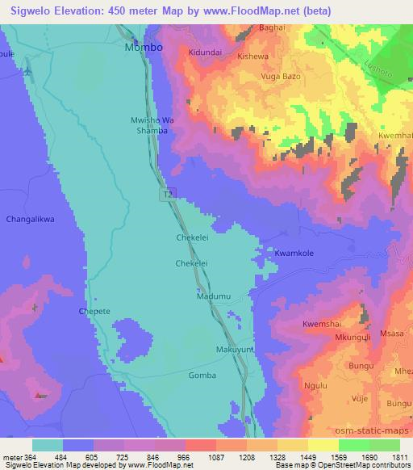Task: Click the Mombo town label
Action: tap(144, 48)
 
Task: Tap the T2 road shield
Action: tap(167, 194)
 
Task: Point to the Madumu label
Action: tap(214, 296)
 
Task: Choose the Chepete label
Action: tap(94, 310)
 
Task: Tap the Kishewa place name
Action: tap(254, 57)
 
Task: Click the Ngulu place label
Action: tap(314, 386)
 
